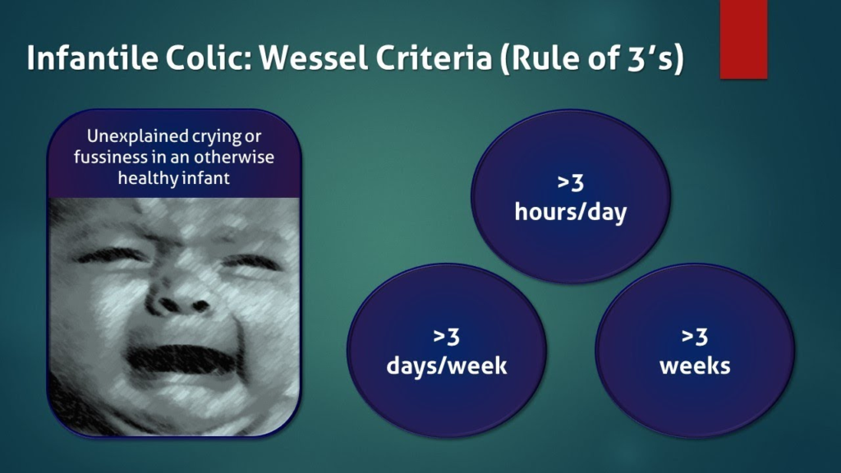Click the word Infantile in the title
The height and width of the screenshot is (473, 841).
tap(92, 57)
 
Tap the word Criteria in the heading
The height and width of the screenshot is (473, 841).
tap(434, 57)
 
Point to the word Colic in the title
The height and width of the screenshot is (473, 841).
tap(209, 57)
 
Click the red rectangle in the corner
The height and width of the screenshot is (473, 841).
tap(744, 39)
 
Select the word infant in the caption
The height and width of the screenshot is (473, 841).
tap(209, 177)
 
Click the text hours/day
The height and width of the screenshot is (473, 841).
tap(571, 213)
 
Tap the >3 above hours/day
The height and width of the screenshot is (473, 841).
tap(571, 183)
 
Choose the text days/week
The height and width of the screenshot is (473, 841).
tap(447, 366)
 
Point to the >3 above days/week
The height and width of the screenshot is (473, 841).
tap(447, 337)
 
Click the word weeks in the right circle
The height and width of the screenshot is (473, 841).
tap(695, 366)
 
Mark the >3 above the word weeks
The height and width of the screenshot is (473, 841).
tap(695, 337)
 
